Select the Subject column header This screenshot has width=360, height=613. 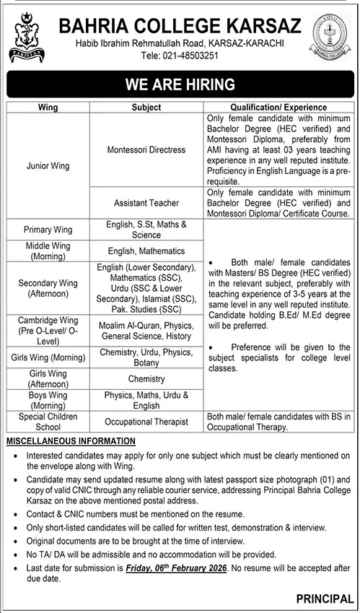pos(146,107)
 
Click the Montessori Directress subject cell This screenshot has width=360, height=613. pos(146,149)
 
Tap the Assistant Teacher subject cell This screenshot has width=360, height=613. pos(146,204)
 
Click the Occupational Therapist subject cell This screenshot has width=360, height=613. pos(146,421)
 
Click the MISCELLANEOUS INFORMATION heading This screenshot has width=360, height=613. pos(70,440)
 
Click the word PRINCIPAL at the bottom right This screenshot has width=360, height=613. pos(324,599)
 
